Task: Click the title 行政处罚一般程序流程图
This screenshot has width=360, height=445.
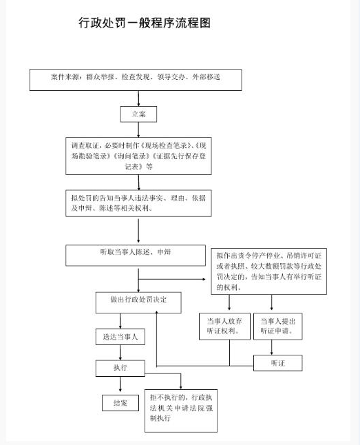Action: [x=145, y=23]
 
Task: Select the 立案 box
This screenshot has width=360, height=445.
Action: [x=138, y=114]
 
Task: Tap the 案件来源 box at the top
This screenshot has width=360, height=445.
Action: [x=136, y=80]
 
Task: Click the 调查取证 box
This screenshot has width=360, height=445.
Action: [x=138, y=156]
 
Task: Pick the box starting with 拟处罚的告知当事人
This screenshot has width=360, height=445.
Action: [x=138, y=203]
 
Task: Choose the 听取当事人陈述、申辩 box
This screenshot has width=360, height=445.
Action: [x=136, y=256]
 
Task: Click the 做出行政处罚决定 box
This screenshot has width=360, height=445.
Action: [x=138, y=303]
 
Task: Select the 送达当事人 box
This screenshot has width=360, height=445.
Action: [x=120, y=337]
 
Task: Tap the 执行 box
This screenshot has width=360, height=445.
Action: [x=120, y=369]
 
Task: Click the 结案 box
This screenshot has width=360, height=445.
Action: [x=120, y=403]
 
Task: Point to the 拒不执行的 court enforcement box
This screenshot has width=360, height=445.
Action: [x=181, y=411]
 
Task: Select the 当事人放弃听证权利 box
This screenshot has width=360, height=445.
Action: [x=224, y=327]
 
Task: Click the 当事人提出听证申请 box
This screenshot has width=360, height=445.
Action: [x=277, y=327]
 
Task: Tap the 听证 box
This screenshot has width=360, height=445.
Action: [x=277, y=363]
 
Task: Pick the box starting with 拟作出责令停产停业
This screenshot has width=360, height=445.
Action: [x=268, y=271]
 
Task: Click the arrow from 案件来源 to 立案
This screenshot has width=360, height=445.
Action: [x=138, y=99]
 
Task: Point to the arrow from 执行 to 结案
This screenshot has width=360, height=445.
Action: [x=120, y=384]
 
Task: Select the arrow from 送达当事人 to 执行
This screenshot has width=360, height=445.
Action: [x=120, y=353]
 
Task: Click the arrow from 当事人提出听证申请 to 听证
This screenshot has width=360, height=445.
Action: [x=271, y=347]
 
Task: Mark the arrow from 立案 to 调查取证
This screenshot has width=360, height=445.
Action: [x=138, y=130]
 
